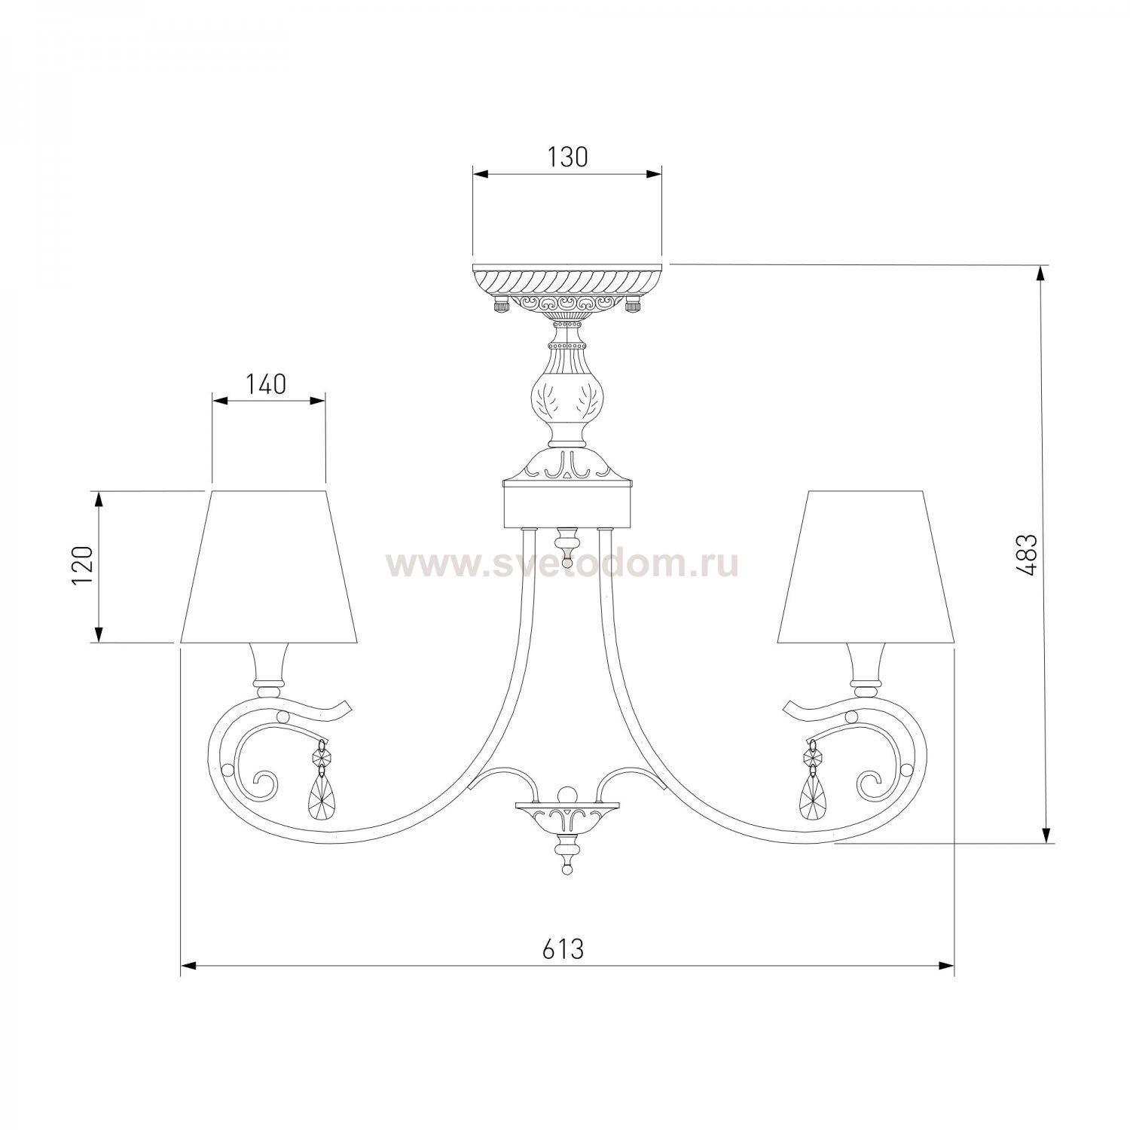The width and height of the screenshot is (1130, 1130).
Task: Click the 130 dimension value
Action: coord(567,157)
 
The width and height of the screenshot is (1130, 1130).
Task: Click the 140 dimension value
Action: coord(266,384)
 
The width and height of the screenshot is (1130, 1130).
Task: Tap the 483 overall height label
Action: coord(1029,554)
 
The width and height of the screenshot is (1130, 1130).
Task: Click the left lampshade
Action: coord(268,567)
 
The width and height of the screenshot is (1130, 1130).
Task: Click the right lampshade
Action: coord(866,567)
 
